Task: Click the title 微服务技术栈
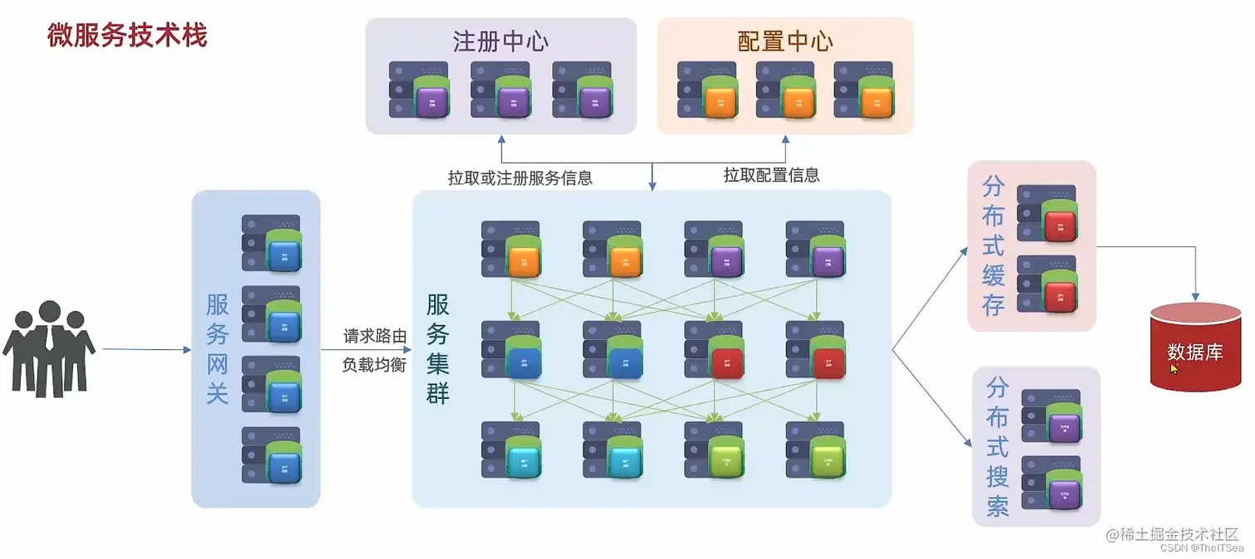[x=127, y=36]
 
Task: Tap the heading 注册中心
[x=501, y=41]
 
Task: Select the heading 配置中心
[x=785, y=41]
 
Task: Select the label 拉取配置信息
[x=771, y=175]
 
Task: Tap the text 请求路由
[x=375, y=336]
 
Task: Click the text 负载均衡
[x=375, y=364]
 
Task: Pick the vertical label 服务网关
[x=217, y=348]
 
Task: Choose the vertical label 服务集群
[x=437, y=348]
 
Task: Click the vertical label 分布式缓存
[x=994, y=245]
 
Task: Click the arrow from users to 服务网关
[x=146, y=350]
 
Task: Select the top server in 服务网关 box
[x=271, y=242]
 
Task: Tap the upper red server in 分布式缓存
[x=1047, y=214]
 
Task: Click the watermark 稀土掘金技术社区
[x=1179, y=535]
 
